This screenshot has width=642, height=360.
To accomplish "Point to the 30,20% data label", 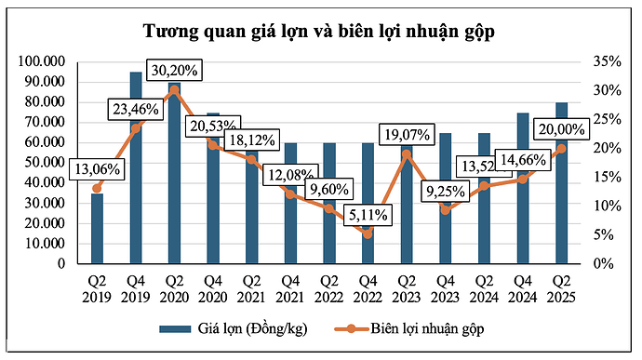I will pos(174,70).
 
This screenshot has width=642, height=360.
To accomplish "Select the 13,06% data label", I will pos(97,169).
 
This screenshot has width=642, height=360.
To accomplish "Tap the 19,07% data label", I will pos(408,135).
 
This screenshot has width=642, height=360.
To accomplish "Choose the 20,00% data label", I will pos(561,129).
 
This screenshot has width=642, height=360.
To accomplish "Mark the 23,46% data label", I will pos(136,109).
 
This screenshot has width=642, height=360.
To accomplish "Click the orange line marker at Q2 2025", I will pos(561,148).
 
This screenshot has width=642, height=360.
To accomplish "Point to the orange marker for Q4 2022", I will pos(368,233).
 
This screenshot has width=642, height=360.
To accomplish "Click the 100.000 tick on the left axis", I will pos(41,61).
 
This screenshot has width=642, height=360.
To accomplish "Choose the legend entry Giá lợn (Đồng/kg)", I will pos(233,328).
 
